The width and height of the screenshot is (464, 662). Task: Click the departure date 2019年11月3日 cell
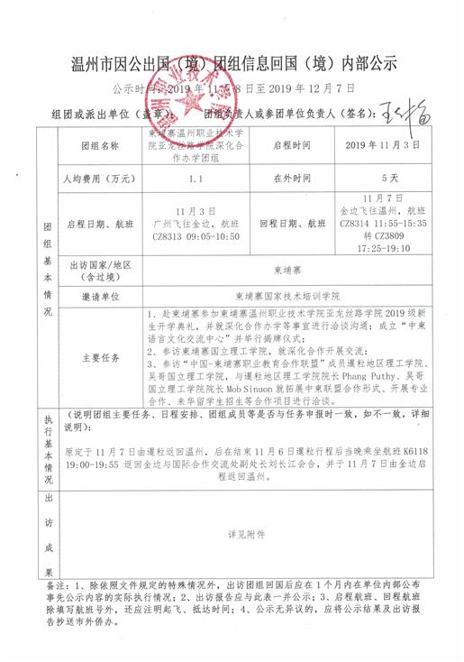tap(383, 144)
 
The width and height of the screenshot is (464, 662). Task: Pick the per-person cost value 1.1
tap(195, 178)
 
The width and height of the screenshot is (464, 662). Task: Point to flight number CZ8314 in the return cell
tap(355, 221)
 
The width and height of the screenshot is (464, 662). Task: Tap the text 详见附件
tap(247, 535)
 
